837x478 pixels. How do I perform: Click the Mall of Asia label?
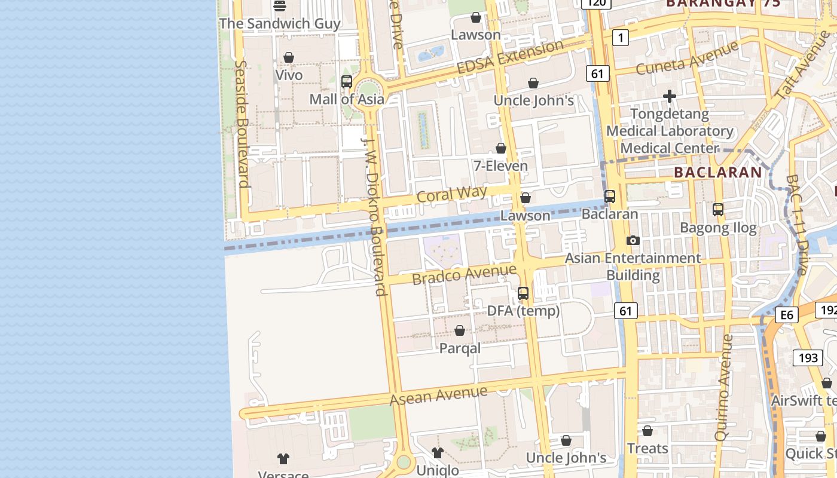[x=347, y=99]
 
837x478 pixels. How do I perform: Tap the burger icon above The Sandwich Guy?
[x=280, y=6]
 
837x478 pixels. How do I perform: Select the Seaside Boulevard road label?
[x=242, y=124]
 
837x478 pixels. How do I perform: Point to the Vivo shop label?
[x=289, y=75]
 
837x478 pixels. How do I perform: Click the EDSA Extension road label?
[x=510, y=57]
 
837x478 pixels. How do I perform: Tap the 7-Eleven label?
[x=501, y=166]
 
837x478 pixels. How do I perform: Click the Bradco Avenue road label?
[x=464, y=275]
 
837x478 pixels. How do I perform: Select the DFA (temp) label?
[x=523, y=311]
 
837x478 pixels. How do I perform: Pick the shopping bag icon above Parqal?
[x=460, y=330]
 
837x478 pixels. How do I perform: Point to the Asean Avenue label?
[x=438, y=395]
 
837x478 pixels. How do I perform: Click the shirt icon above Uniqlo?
[x=438, y=453]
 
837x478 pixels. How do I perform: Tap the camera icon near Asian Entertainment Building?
[x=633, y=241]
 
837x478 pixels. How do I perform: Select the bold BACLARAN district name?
[x=718, y=173]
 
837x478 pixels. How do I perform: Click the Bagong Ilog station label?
[x=718, y=228]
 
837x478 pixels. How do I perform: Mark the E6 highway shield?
[x=787, y=315]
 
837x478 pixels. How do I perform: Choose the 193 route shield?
[x=808, y=358]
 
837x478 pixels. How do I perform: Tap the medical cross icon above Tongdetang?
[x=670, y=96]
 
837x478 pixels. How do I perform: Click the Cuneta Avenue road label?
[x=687, y=58]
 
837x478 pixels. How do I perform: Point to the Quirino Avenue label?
[x=724, y=387]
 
